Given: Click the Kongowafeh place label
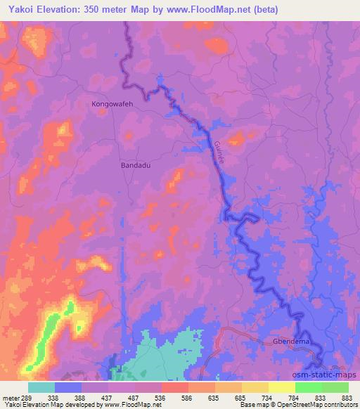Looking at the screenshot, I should (x=112, y=104).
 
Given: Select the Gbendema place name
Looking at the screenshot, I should (x=291, y=343).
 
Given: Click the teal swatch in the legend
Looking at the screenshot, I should (x=41, y=387).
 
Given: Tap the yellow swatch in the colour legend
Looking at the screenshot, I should (x=282, y=387).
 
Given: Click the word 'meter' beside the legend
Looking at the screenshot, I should (x=10, y=397).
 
